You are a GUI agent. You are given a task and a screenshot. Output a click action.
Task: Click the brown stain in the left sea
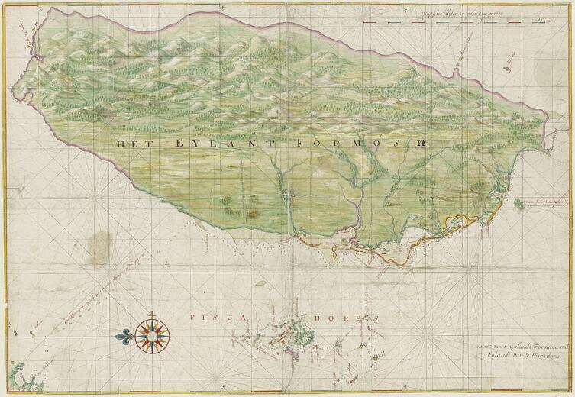pyautogui.click(x=98, y=246)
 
